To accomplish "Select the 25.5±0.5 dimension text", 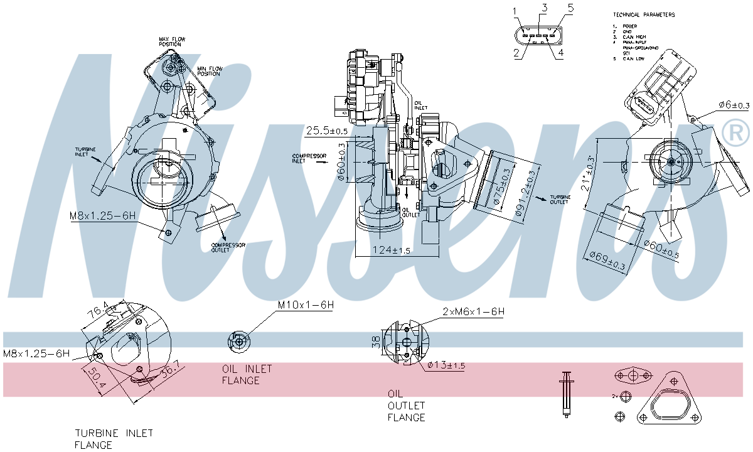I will click(326, 131).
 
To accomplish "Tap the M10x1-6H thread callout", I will click(306, 305).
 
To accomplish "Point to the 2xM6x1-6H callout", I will click(473, 311).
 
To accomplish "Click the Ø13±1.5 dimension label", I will click(446, 365).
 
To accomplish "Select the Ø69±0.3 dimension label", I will click(607, 261).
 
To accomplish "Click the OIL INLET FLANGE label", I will click(240, 374).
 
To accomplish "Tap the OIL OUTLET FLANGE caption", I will click(406, 406).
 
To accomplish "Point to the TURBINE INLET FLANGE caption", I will click(114, 439).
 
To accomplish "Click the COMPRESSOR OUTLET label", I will click(228, 247).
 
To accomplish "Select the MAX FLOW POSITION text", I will click(172, 42).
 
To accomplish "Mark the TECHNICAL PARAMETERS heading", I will click(644, 14).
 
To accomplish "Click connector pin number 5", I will click(570, 8).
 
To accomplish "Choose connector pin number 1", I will click(515, 11).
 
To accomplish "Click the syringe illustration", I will click(567, 394).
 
